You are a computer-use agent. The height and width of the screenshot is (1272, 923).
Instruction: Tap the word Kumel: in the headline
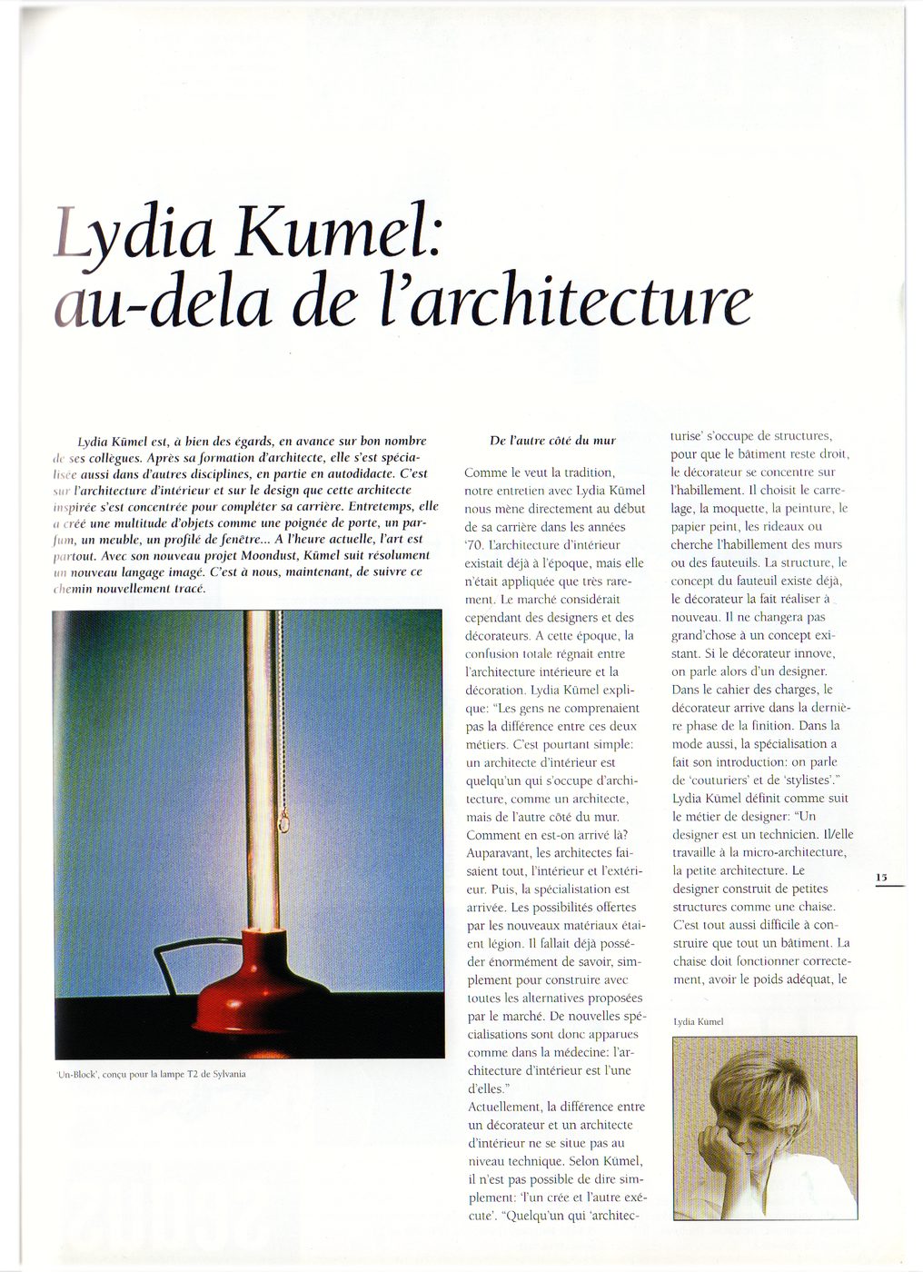point(338,233)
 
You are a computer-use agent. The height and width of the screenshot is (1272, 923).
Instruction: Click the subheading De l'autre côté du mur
point(552,441)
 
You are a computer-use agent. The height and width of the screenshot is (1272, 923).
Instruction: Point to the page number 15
point(882,878)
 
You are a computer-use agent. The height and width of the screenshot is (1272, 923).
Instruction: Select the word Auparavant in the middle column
point(499,853)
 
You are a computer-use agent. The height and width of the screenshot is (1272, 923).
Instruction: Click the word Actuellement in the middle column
point(504,1107)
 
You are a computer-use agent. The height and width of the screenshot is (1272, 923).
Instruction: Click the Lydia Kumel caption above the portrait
point(699,1022)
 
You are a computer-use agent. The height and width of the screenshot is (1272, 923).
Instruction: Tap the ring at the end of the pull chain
point(283,823)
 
